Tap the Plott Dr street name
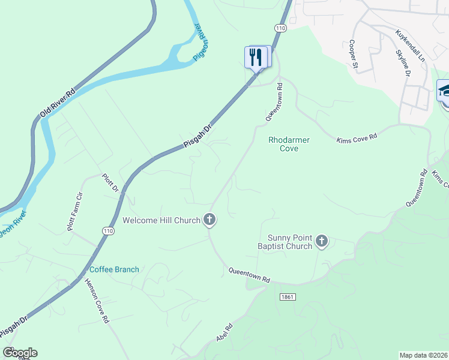[x=112, y=183]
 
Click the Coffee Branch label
[x=114, y=269]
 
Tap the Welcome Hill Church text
[x=161, y=220]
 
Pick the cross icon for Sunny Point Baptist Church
[x=322, y=242]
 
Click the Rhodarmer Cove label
[x=289, y=144]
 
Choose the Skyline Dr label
[x=402, y=62]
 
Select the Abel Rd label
[x=224, y=333]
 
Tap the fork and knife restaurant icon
[x=256, y=57]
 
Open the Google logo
[x=20, y=353]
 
